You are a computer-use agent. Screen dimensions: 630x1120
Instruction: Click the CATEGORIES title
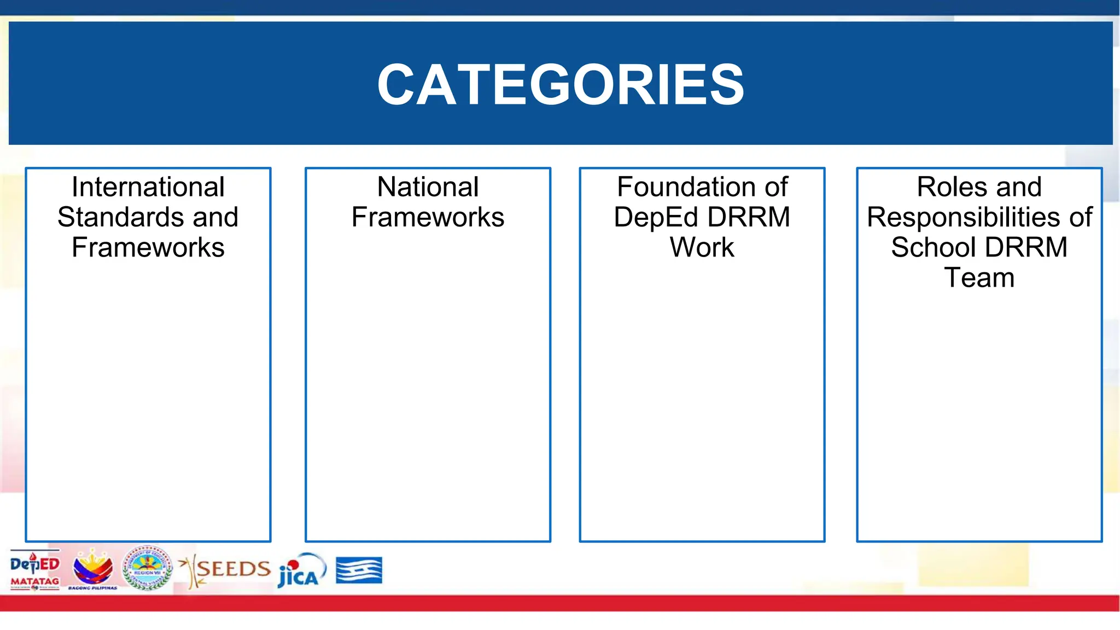(561, 84)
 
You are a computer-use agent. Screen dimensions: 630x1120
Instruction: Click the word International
(148, 187)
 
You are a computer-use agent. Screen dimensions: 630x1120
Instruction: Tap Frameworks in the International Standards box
(148, 247)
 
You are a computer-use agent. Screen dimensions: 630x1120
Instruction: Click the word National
(428, 187)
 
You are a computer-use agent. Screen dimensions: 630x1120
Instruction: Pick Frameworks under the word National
(428, 217)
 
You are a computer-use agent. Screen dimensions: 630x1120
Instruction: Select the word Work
(702, 247)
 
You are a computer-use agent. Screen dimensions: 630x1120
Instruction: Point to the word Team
(979, 278)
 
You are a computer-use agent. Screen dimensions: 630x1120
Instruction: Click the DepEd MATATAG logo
(34, 570)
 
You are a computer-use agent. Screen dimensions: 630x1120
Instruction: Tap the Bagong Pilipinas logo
(93, 569)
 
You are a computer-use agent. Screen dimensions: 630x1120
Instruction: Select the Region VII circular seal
(147, 569)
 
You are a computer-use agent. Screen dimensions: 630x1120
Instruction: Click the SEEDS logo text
(232, 569)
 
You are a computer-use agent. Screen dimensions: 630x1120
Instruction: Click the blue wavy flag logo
(359, 570)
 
